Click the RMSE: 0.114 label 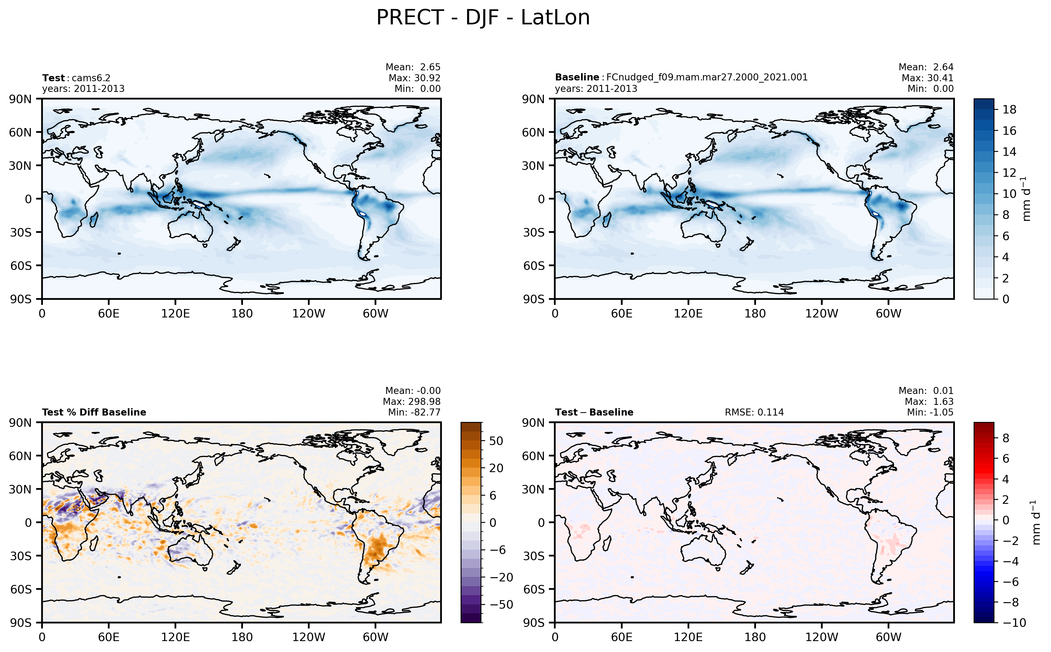[754, 412]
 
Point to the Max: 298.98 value [412, 402]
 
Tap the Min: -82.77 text [414, 412]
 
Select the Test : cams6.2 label [76, 78]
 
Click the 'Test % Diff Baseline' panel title [94, 412]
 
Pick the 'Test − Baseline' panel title [594, 412]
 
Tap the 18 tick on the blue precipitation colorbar [1009, 110]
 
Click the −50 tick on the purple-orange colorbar [501, 605]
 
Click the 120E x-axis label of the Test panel [175, 314]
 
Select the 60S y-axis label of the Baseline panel [534, 266]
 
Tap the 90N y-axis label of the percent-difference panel [21, 423]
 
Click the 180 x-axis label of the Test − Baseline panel [755, 637]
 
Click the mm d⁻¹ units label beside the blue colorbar [1026, 199]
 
